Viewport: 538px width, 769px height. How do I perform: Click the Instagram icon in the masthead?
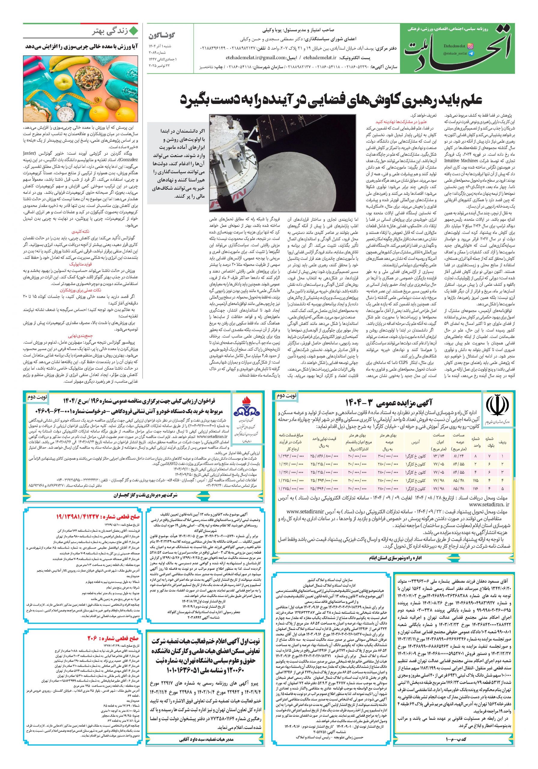click(x=471, y=46)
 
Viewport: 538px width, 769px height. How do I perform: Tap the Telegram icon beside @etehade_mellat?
click(x=471, y=53)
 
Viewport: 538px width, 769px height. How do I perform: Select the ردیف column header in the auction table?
click(x=503, y=442)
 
